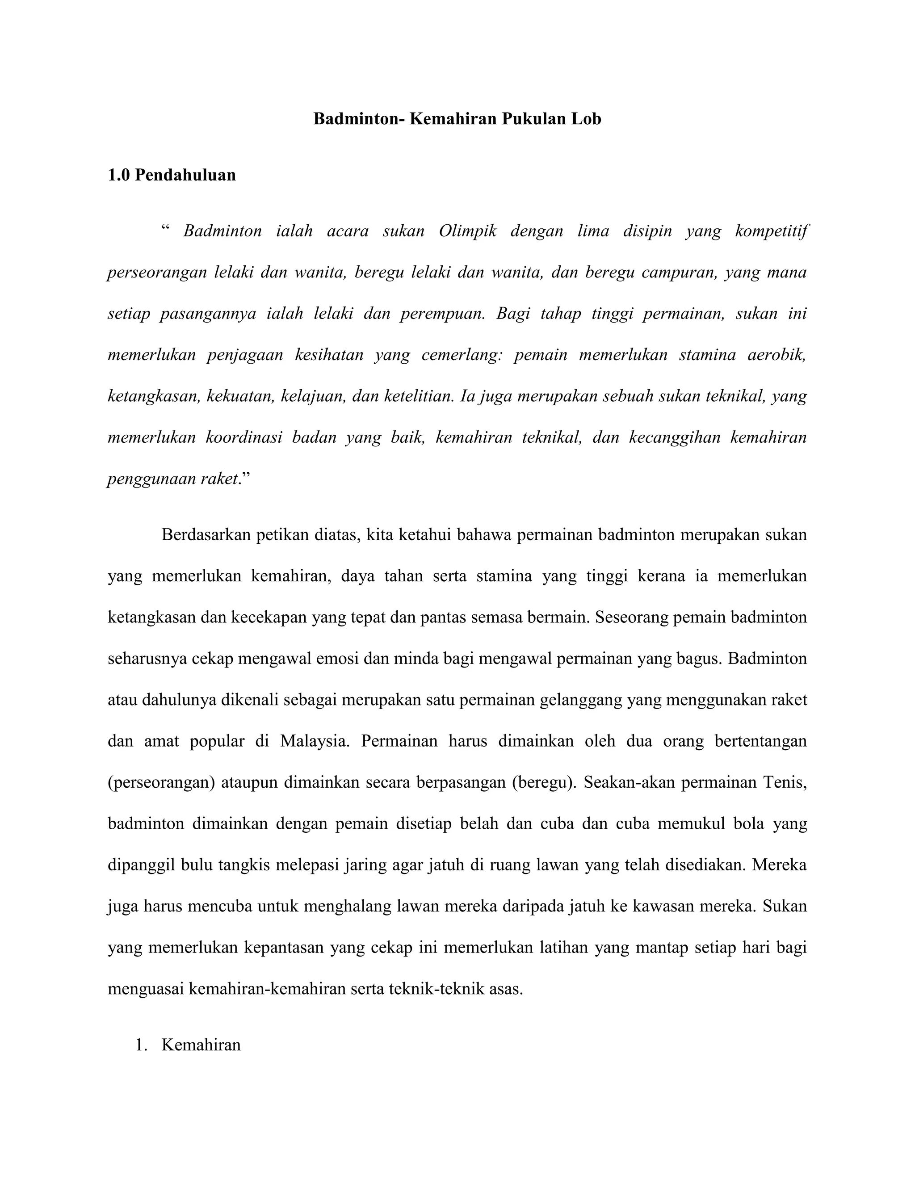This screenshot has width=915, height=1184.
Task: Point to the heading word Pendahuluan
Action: [x=185, y=175]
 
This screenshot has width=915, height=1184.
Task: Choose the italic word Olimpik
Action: [x=468, y=231]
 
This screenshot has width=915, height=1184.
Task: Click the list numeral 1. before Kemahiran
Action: [x=142, y=1045]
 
